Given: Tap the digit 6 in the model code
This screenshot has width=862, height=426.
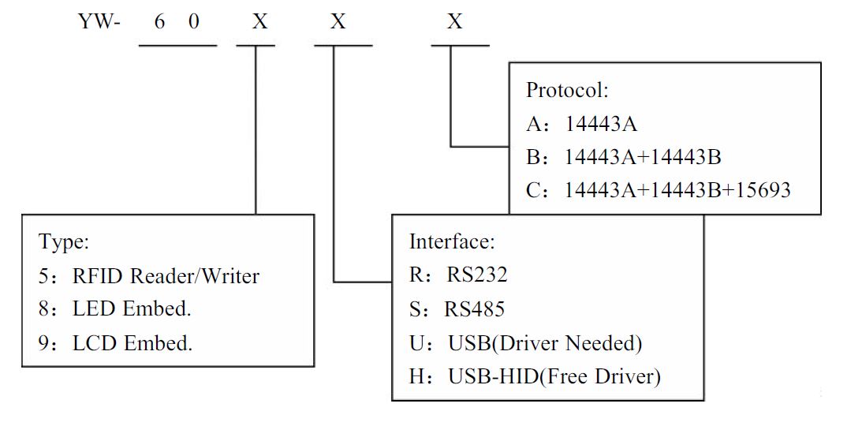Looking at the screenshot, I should [x=159, y=22].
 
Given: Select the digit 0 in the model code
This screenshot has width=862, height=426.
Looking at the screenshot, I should [x=194, y=22].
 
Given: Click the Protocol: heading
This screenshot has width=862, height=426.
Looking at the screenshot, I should [x=567, y=90].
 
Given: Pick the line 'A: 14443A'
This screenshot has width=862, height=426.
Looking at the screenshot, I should [x=581, y=124].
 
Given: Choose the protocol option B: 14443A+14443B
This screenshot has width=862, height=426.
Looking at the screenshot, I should [x=623, y=157].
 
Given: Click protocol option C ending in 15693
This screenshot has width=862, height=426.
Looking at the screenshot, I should [x=658, y=190].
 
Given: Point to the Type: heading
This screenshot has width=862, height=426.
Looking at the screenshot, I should [x=64, y=241].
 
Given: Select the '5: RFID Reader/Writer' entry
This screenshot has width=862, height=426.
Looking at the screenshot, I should [x=149, y=275].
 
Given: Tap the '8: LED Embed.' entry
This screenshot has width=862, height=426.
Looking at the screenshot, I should [x=115, y=308].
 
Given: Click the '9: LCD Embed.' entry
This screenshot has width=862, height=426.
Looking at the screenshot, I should [x=116, y=342].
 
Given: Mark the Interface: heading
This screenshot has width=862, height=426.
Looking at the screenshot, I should [x=452, y=241].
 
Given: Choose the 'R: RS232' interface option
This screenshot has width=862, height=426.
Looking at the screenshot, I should [x=458, y=275].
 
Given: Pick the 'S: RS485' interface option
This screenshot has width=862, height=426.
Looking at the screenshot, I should [x=457, y=308].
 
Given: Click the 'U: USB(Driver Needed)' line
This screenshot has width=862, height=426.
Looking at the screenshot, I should [x=525, y=343].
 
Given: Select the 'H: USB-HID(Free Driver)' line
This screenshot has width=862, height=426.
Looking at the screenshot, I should [x=535, y=376].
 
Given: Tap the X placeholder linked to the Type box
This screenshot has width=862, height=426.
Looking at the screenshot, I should [x=259, y=22].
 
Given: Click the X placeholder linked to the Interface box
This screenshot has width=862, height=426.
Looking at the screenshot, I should [x=338, y=22].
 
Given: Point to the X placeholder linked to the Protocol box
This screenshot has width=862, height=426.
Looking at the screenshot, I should [x=454, y=22].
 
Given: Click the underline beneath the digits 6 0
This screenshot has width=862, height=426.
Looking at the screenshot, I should [x=177, y=45].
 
